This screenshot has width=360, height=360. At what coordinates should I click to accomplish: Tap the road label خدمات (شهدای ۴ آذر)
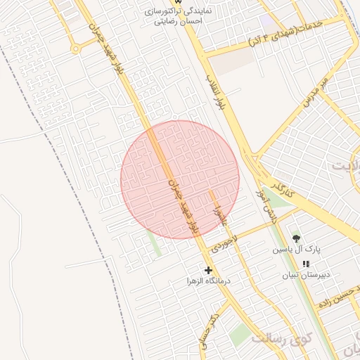pyautogui.click(x=291, y=32)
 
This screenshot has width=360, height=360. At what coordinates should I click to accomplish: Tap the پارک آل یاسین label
pyautogui.click(x=296, y=250)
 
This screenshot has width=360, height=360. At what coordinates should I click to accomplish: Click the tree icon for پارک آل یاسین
pyautogui.click(x=296, y=238)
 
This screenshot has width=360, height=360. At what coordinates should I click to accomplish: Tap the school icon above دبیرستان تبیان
pyautogui.click(x=305, y=264)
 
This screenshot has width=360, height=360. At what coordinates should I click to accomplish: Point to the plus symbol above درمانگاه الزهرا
pyautogui.click(x=208, y=269)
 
